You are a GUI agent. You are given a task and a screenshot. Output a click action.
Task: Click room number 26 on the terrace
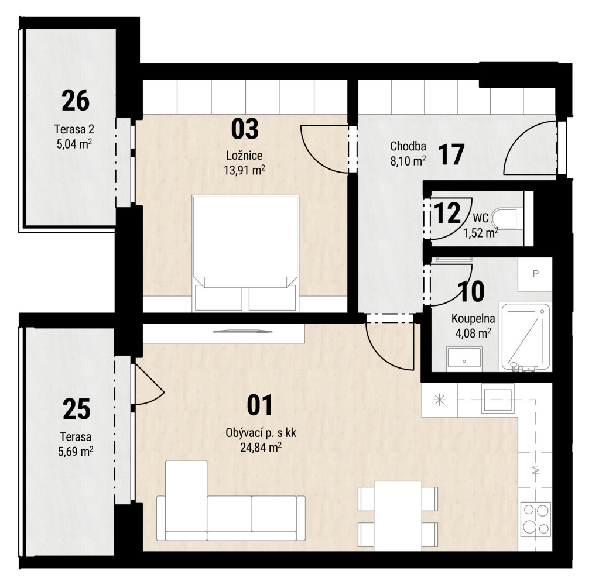tap(76, 101)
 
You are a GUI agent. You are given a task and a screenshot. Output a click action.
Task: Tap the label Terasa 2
tap(74, 129)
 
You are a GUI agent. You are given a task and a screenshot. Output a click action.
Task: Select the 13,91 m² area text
tap(244, 170)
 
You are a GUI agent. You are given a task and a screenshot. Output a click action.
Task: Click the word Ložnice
tap(244, 156)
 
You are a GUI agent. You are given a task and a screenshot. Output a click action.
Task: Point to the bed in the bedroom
tap(245, 253)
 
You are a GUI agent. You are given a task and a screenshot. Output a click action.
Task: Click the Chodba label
tap(408, 146)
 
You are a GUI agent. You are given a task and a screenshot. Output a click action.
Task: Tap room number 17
tap(451, 154)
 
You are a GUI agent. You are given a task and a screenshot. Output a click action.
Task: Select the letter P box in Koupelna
tap(535, 274)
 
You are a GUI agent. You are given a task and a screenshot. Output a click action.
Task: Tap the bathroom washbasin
tap(464, 357)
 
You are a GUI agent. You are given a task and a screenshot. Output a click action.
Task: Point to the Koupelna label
tap(473, 318)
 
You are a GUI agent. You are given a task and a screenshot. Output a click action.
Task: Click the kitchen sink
tap(498, 398)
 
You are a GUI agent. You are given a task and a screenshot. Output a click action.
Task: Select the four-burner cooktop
tap(535, 519)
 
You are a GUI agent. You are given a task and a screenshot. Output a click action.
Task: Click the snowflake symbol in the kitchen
tap(440, 400)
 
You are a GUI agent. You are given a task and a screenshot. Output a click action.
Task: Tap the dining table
tap(398, 516)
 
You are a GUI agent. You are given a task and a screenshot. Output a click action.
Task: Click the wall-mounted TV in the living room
tap(243, 332)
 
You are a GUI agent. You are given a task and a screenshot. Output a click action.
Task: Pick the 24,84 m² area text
tap(261, 448)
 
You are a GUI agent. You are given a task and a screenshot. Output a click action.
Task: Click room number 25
tap(77, 409)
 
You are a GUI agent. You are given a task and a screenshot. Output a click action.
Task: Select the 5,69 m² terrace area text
tap(76, 451)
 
